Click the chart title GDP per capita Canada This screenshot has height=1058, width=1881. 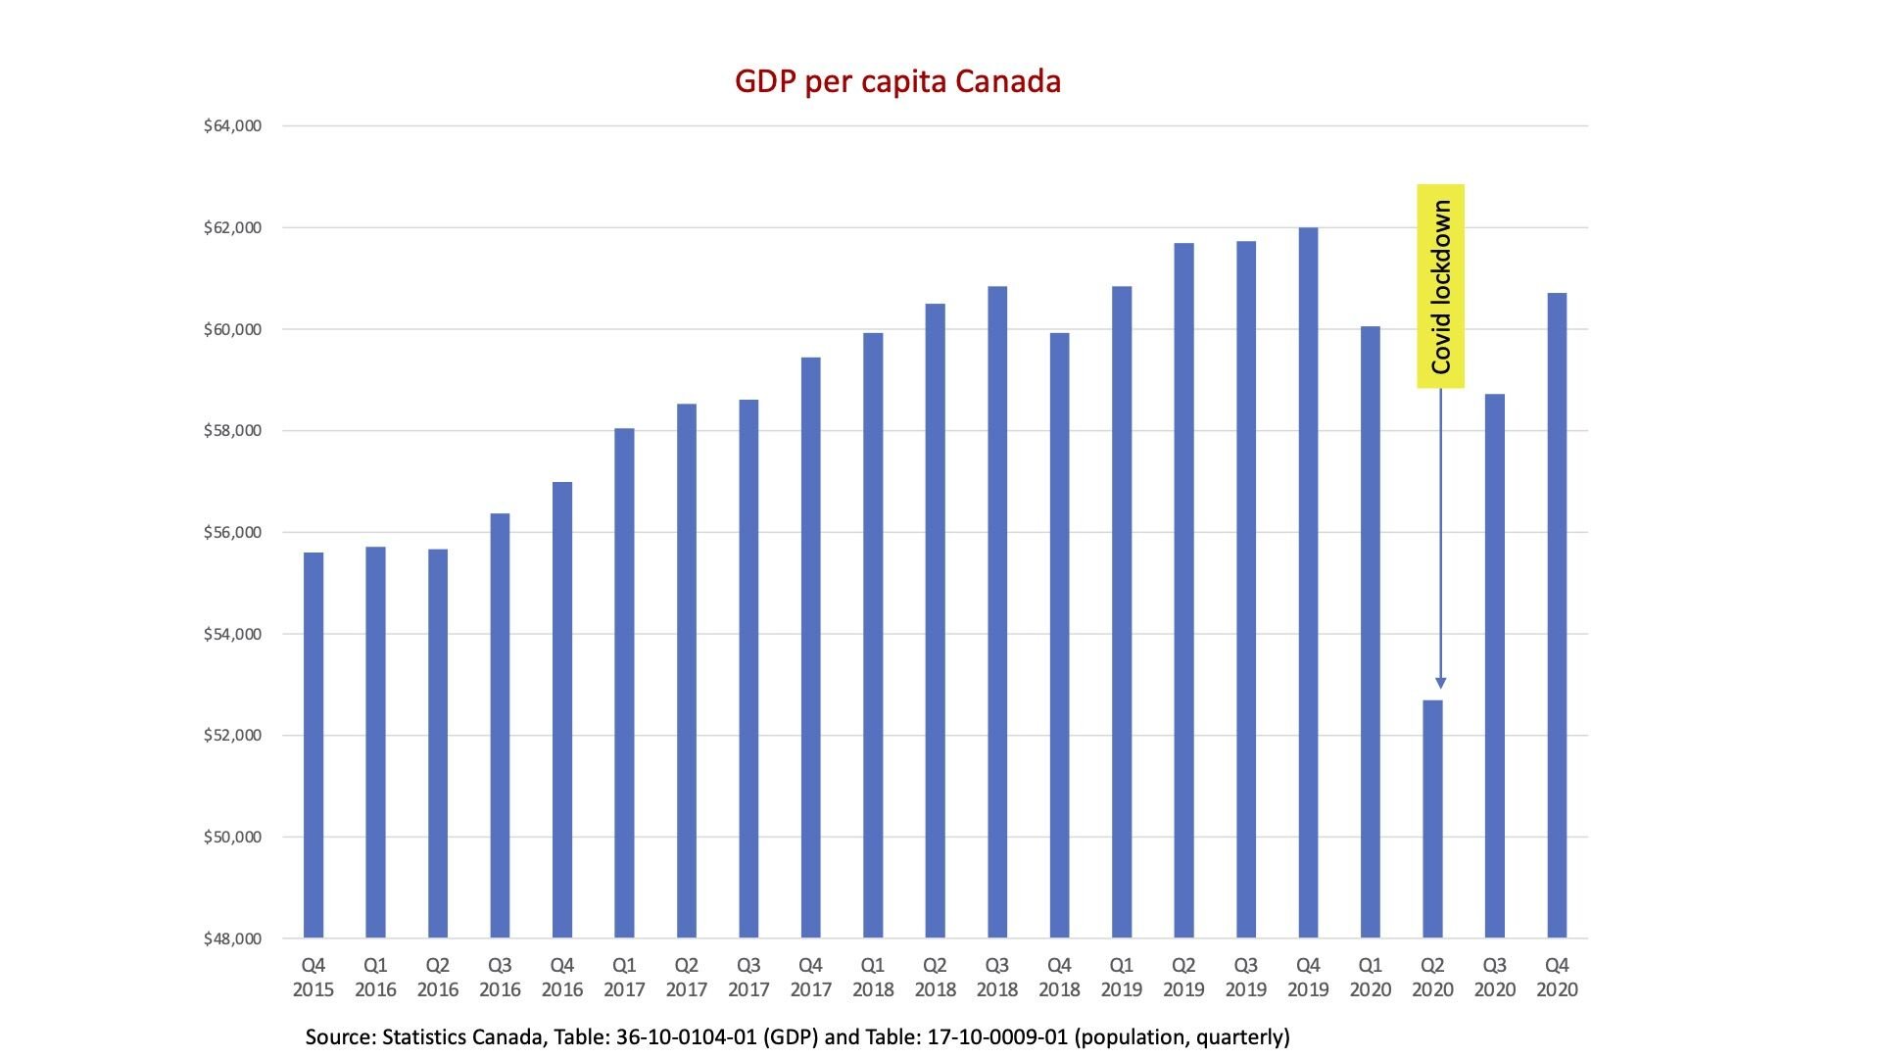pyautogui.click(x=897, y=80)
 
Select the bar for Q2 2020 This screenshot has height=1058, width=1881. pyautogui.click(x=1432, y=819)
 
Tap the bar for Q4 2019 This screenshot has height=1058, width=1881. pyautogui.click(x=1308, y=583)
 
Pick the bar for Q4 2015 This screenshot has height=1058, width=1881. pyautogui.click(x=313, y=745)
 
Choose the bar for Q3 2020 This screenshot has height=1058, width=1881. pyautogui.click(x=1495, y=666)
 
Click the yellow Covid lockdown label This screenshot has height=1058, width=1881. pyautogui.click(x=1440, y=286)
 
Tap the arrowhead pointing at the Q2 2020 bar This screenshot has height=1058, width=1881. pyautogui.click(x=1440, y=683)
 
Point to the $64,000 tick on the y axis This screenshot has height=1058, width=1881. pyautogui.click(x=232, y=125)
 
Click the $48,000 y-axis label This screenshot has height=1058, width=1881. pyautogui.click(x=232, y=938)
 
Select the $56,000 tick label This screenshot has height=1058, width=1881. pyautogui.click(x=232, y=532)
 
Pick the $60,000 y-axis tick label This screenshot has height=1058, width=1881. pyautogui.click(x=232, y=329)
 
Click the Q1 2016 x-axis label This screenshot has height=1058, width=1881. pyautogui.click(x=375, y=977)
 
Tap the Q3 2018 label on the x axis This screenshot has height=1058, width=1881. pyautogui.click(x=997, y=977)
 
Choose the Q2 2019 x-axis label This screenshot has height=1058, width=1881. pyautogui.click(x=1183, y=977)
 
